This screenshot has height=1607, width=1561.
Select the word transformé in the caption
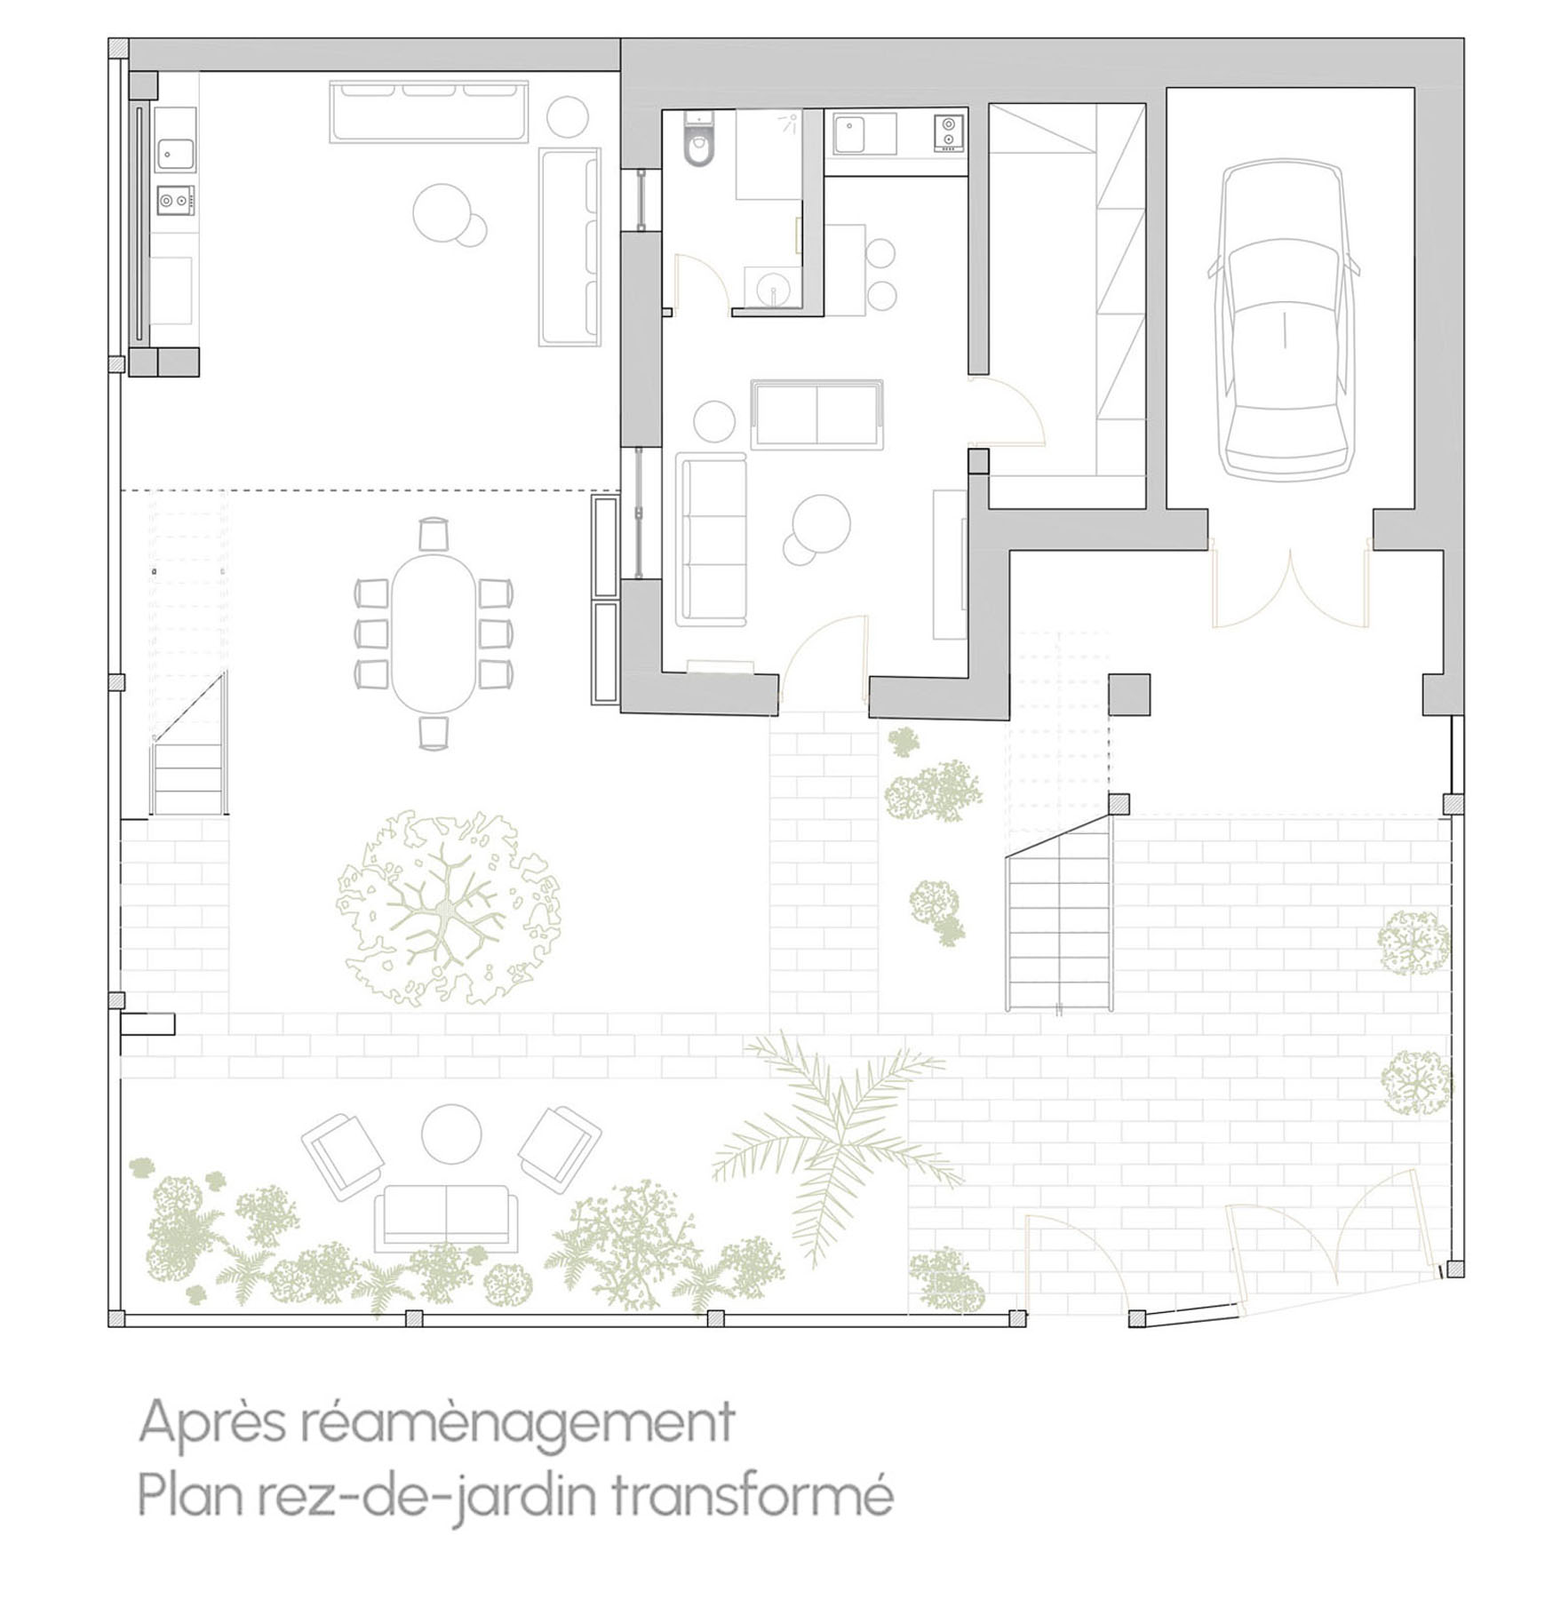tap(753, 1498)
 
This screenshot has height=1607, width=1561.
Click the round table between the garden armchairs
tap(450, 1134)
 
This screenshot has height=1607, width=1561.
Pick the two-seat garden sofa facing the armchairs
tap(446, 1217)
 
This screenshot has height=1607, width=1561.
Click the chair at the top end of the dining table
tap(433, 534)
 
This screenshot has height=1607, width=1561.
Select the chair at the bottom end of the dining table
tap(433, 732)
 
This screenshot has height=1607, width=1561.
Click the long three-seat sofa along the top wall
tap(430, 111)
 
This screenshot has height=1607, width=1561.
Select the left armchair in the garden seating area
tap(342, 1154)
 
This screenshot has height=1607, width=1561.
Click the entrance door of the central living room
tap(823, 657)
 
